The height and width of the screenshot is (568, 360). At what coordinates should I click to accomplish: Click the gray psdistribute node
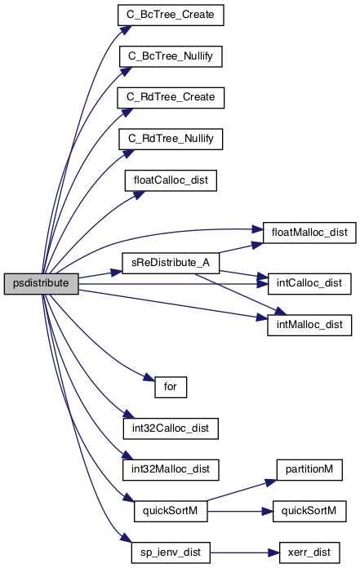point(42,284)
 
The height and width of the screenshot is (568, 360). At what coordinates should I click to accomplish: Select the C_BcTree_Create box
point(171,15)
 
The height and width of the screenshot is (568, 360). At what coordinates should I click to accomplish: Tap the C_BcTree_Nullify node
point(171,56)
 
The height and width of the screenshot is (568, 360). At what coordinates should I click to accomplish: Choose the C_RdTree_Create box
point(171,97)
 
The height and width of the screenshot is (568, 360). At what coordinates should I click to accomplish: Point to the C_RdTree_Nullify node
point(171,139)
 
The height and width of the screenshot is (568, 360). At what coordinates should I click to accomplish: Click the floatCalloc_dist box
point(171,180)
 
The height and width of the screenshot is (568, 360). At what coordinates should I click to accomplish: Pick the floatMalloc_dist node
point(309,233)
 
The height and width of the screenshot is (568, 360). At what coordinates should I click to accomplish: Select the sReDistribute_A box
point(171,263)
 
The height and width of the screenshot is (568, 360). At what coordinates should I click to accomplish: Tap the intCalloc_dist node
point(309,284)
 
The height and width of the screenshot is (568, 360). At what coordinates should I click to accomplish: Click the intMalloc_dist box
point(309,325)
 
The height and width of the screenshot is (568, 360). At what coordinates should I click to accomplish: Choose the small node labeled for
point(171,388)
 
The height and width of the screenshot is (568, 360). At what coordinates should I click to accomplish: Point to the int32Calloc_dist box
point(171,428)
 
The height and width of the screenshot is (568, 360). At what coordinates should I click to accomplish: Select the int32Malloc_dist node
point(171,470)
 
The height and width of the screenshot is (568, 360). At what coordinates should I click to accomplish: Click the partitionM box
point(309,470)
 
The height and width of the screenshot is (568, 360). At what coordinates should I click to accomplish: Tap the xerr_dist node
point(309,552)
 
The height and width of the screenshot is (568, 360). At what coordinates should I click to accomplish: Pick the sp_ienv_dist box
point(171,552)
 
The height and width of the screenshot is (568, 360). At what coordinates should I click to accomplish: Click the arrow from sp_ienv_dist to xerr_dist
point(245,552)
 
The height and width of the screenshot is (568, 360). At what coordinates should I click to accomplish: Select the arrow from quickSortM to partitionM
point(242,490)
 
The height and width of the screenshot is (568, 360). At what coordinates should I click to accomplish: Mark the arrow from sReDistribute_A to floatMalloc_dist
point(241,248)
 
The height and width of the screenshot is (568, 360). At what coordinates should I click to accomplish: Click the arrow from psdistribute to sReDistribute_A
point(100,274)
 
